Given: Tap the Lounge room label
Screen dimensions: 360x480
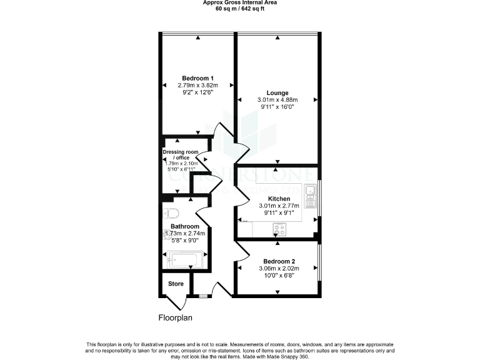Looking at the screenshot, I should [x=277, y=92].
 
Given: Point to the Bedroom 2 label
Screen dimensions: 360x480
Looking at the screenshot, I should [x=279, y=261].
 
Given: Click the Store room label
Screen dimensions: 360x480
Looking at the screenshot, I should [x=176, y=284].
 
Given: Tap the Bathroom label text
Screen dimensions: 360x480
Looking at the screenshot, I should [x=185, y=226].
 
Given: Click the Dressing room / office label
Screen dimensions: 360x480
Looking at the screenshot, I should [x=179, y=154].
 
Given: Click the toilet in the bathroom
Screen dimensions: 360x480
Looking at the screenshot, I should [x=169, y=212].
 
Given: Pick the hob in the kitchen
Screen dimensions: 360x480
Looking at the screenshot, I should [x=279, y=230].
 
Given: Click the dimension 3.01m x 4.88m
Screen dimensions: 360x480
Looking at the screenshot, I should [x=277, y=100].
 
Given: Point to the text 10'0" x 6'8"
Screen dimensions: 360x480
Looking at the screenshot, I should [x=279, y=275].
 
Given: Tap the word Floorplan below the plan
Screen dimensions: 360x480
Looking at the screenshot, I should [x=175, y=317].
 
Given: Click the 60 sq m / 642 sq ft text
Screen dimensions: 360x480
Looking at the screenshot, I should [x=240, y=9].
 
